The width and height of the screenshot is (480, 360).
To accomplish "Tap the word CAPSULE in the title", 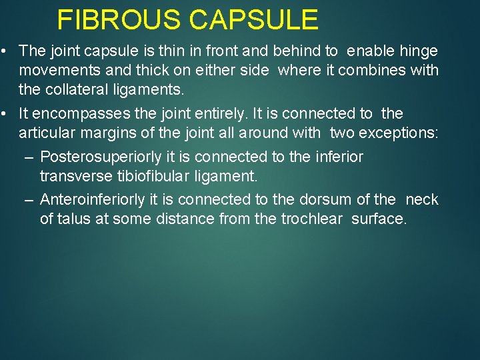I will click(x=254, y=20).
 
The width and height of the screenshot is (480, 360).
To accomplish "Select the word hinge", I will click(x=419, y=51).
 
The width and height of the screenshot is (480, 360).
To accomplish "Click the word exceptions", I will click(x=399, y=133).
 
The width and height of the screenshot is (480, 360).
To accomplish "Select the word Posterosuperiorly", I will click(x=93, y=157).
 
